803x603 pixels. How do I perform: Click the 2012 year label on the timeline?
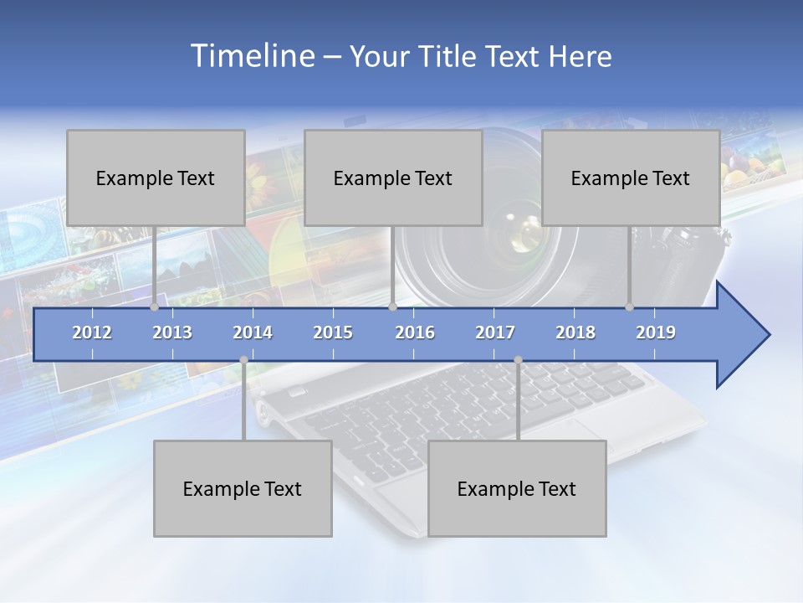tap(92, 332)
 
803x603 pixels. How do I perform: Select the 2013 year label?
tap(172, 332)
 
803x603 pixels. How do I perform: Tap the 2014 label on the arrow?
tap(253, 332)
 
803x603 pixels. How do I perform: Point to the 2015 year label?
tap(333, 332)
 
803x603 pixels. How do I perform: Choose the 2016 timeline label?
tap(415, 332)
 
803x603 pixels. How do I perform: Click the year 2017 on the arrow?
tap(495, 332)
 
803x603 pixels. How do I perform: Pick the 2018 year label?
tap(575, 332)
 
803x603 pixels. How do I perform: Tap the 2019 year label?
tap(656, 332)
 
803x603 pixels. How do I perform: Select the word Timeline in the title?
tap(251, 56)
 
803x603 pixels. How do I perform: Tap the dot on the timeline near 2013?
tap(155, 307)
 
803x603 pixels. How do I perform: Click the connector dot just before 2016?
tap(392, 307)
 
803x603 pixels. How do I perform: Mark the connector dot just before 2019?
tap(630, 307)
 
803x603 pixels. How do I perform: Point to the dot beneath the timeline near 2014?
tap(243, 360)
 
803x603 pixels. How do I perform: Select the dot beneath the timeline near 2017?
tap(518, 360)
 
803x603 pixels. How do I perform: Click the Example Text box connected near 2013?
tap(156, 178)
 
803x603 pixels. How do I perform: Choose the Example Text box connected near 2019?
tap(631, 178)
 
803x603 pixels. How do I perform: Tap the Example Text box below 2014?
tap(243, 488)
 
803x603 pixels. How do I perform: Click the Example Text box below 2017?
tap(517, 488)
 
